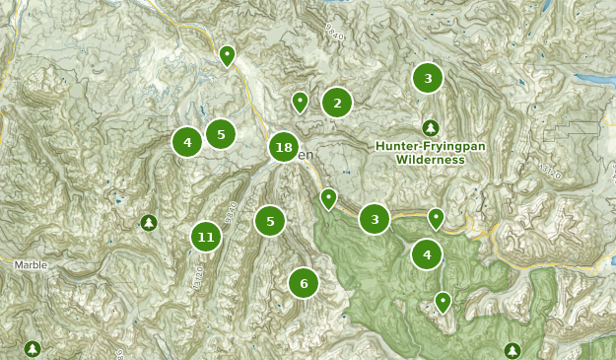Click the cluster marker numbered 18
(284, 148)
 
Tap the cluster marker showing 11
(205, 237)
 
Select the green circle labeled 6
(304, 284)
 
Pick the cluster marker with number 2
(337, 102)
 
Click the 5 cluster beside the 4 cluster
(221, 134)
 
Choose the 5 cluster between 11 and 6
(270, 221)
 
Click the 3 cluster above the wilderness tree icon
(427, 78)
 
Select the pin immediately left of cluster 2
(300, 101)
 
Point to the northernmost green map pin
(228, 54)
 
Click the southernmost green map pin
(444, 301)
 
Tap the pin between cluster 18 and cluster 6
(328, 198)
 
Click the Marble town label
(30, 264)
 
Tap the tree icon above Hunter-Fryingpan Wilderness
(430, 127)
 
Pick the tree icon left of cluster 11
(148, 222)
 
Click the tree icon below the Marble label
(33, 349)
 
